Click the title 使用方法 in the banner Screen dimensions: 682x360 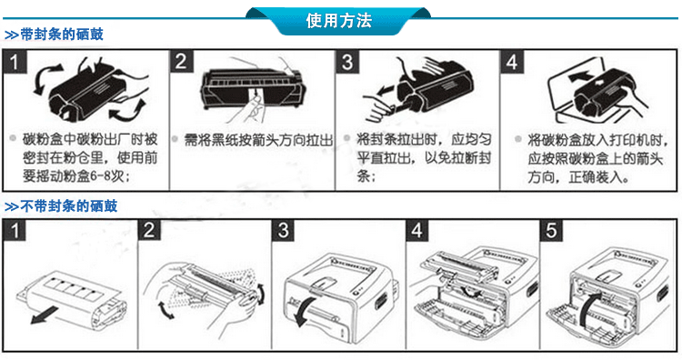click(x=338, y=20)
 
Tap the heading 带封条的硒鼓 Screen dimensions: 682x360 click(x=61, y=35)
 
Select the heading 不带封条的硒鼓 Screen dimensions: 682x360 click(x=68, y=205)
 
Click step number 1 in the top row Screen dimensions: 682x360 click(x=15, y=62)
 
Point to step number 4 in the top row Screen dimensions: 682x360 click(x=512, y=62)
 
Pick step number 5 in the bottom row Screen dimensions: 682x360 click(x=551, y=230)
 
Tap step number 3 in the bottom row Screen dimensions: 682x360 click(x=283, y=230)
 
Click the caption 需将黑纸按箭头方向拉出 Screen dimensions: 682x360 click(x=258, y=140)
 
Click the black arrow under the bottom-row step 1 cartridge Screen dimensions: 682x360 click(x=45, y=315)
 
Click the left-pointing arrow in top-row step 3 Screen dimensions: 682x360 click(x=386, y=91)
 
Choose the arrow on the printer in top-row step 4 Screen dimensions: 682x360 click(x=581, y=77)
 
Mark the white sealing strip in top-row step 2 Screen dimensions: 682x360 click(x=254, y=97)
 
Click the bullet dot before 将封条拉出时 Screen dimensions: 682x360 click(x=346, y=138)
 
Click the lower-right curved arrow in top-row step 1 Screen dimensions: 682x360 click(x=129, y=110)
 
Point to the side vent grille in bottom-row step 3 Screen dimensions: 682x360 click(x=381, y=300)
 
